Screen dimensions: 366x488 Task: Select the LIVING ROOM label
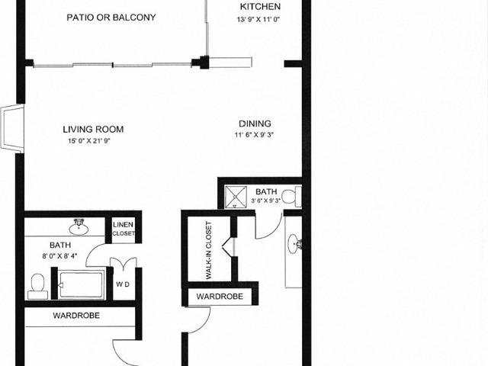click(x=93, y=130)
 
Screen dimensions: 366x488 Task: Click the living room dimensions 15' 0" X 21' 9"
click(x=93, y=141)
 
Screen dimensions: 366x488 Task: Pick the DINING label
click(x=255, y=124)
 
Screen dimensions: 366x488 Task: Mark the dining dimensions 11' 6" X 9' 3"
click(x=255, y=136)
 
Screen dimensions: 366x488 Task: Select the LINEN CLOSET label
click(x=124, y=229)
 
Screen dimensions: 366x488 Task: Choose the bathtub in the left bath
click(x=81, y=285)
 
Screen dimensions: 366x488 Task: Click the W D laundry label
click(x=123, y=285)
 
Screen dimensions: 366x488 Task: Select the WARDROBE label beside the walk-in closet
click(x=220, y=296)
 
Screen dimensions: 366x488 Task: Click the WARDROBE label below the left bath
click(x=76, y=315)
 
